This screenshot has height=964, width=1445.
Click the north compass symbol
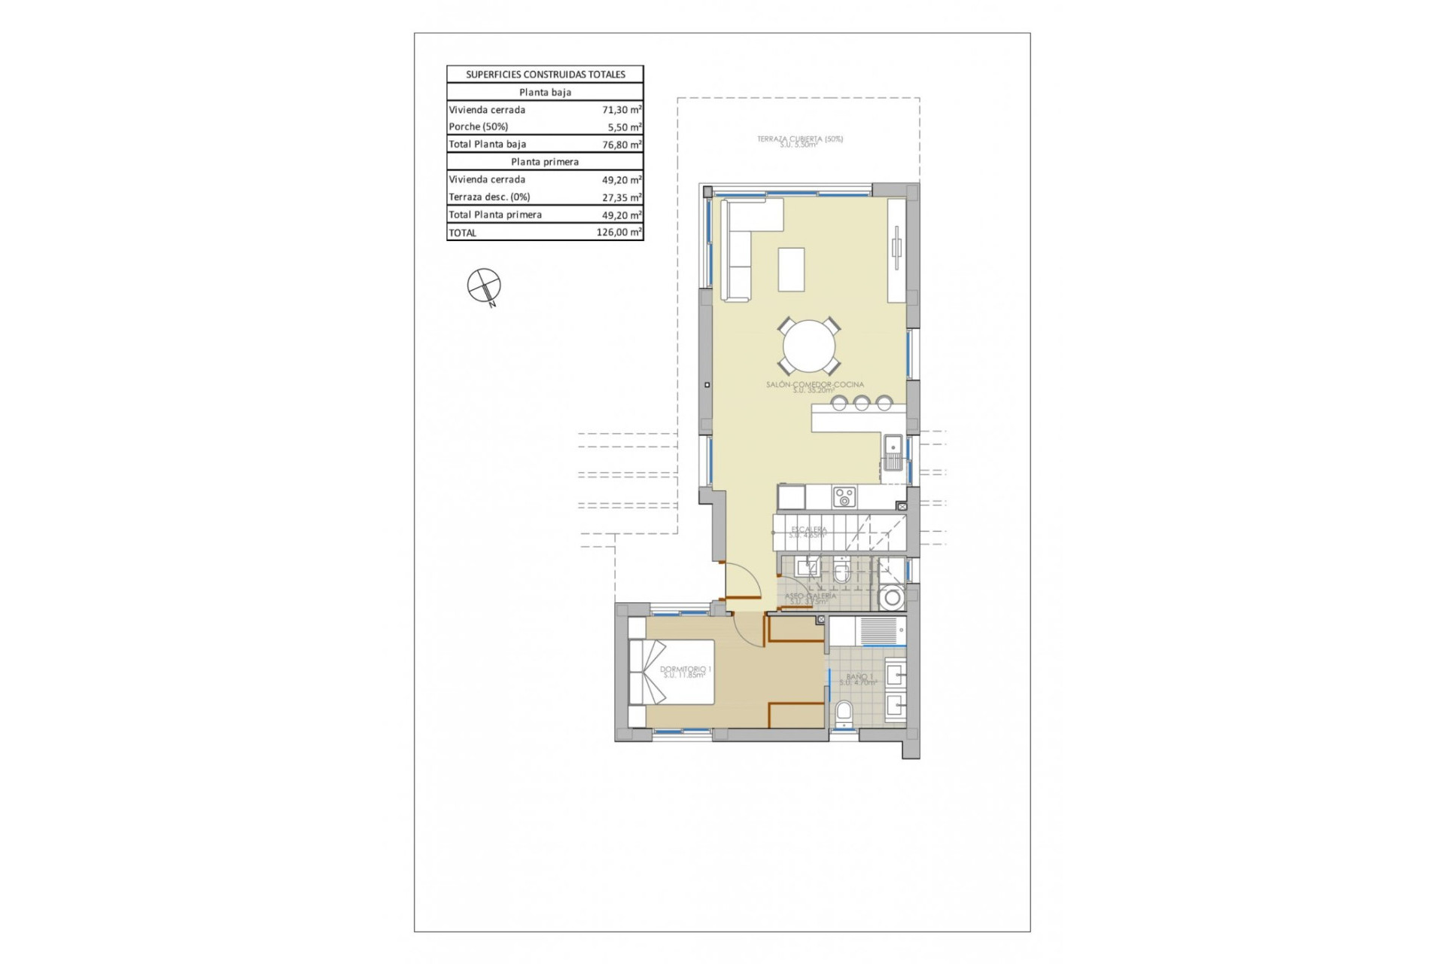coord(484,286)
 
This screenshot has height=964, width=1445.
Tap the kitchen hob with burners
coord(844,497)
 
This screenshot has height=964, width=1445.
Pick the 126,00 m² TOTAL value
coord(619,232)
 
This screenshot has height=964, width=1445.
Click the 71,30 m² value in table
coord(622,109)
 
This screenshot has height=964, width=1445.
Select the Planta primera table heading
coord(545,162)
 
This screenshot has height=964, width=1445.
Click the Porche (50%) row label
coord(479,127)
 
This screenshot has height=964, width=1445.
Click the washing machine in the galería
coord(893,598)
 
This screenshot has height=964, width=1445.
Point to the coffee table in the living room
coord(791,269)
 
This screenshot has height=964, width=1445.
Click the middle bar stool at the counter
coord(862,403)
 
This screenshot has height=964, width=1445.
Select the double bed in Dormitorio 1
coord(671,672)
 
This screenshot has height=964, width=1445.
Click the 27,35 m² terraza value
coord(622,197)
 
